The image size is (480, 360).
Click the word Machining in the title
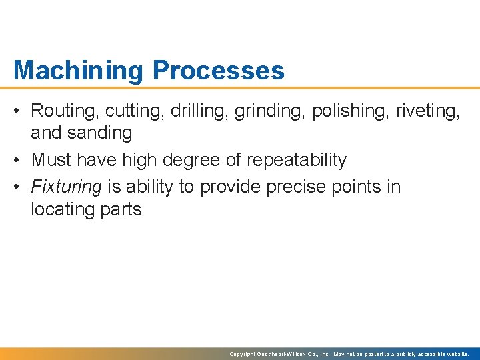click(x=79, y=71)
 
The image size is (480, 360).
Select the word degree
click(x=189, y=160)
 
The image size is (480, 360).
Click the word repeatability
click(x=297, y=160)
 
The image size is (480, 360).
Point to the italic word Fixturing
click(x=66, y=187)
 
